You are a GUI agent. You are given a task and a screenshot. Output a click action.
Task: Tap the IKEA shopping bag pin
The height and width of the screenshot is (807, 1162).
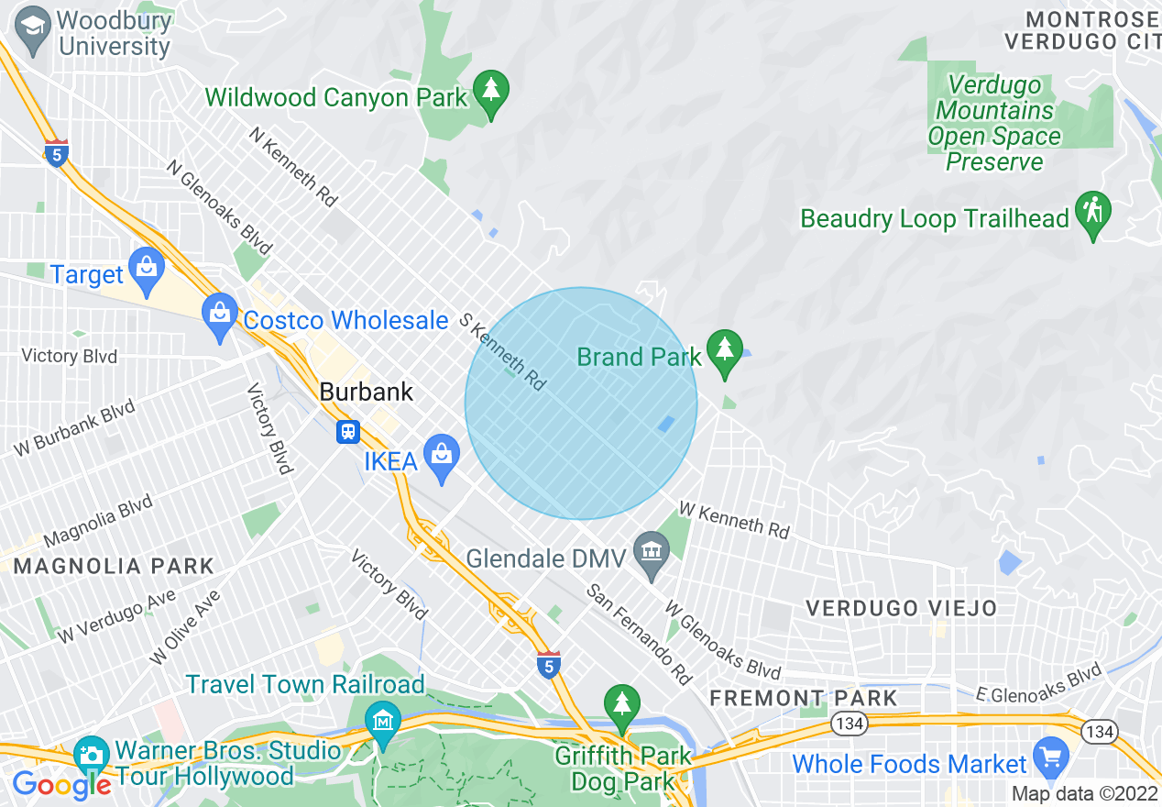442,457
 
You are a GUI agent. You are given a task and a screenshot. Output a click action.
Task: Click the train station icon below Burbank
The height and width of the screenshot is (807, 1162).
348,431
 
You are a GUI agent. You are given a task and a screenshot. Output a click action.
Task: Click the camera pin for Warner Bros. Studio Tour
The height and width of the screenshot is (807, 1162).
91,757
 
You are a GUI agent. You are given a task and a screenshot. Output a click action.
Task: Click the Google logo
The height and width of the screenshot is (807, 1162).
61,785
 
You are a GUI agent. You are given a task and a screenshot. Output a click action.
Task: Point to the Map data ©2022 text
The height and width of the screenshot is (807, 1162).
1084,793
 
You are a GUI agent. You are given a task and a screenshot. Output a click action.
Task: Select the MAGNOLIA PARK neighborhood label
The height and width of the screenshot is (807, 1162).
114,567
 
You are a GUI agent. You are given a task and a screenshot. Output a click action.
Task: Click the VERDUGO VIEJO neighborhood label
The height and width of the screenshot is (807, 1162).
901,608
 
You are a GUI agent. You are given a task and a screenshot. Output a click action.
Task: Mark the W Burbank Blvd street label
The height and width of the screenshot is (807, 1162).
74,428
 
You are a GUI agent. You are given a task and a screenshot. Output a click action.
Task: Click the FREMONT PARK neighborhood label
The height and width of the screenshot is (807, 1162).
804,698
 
